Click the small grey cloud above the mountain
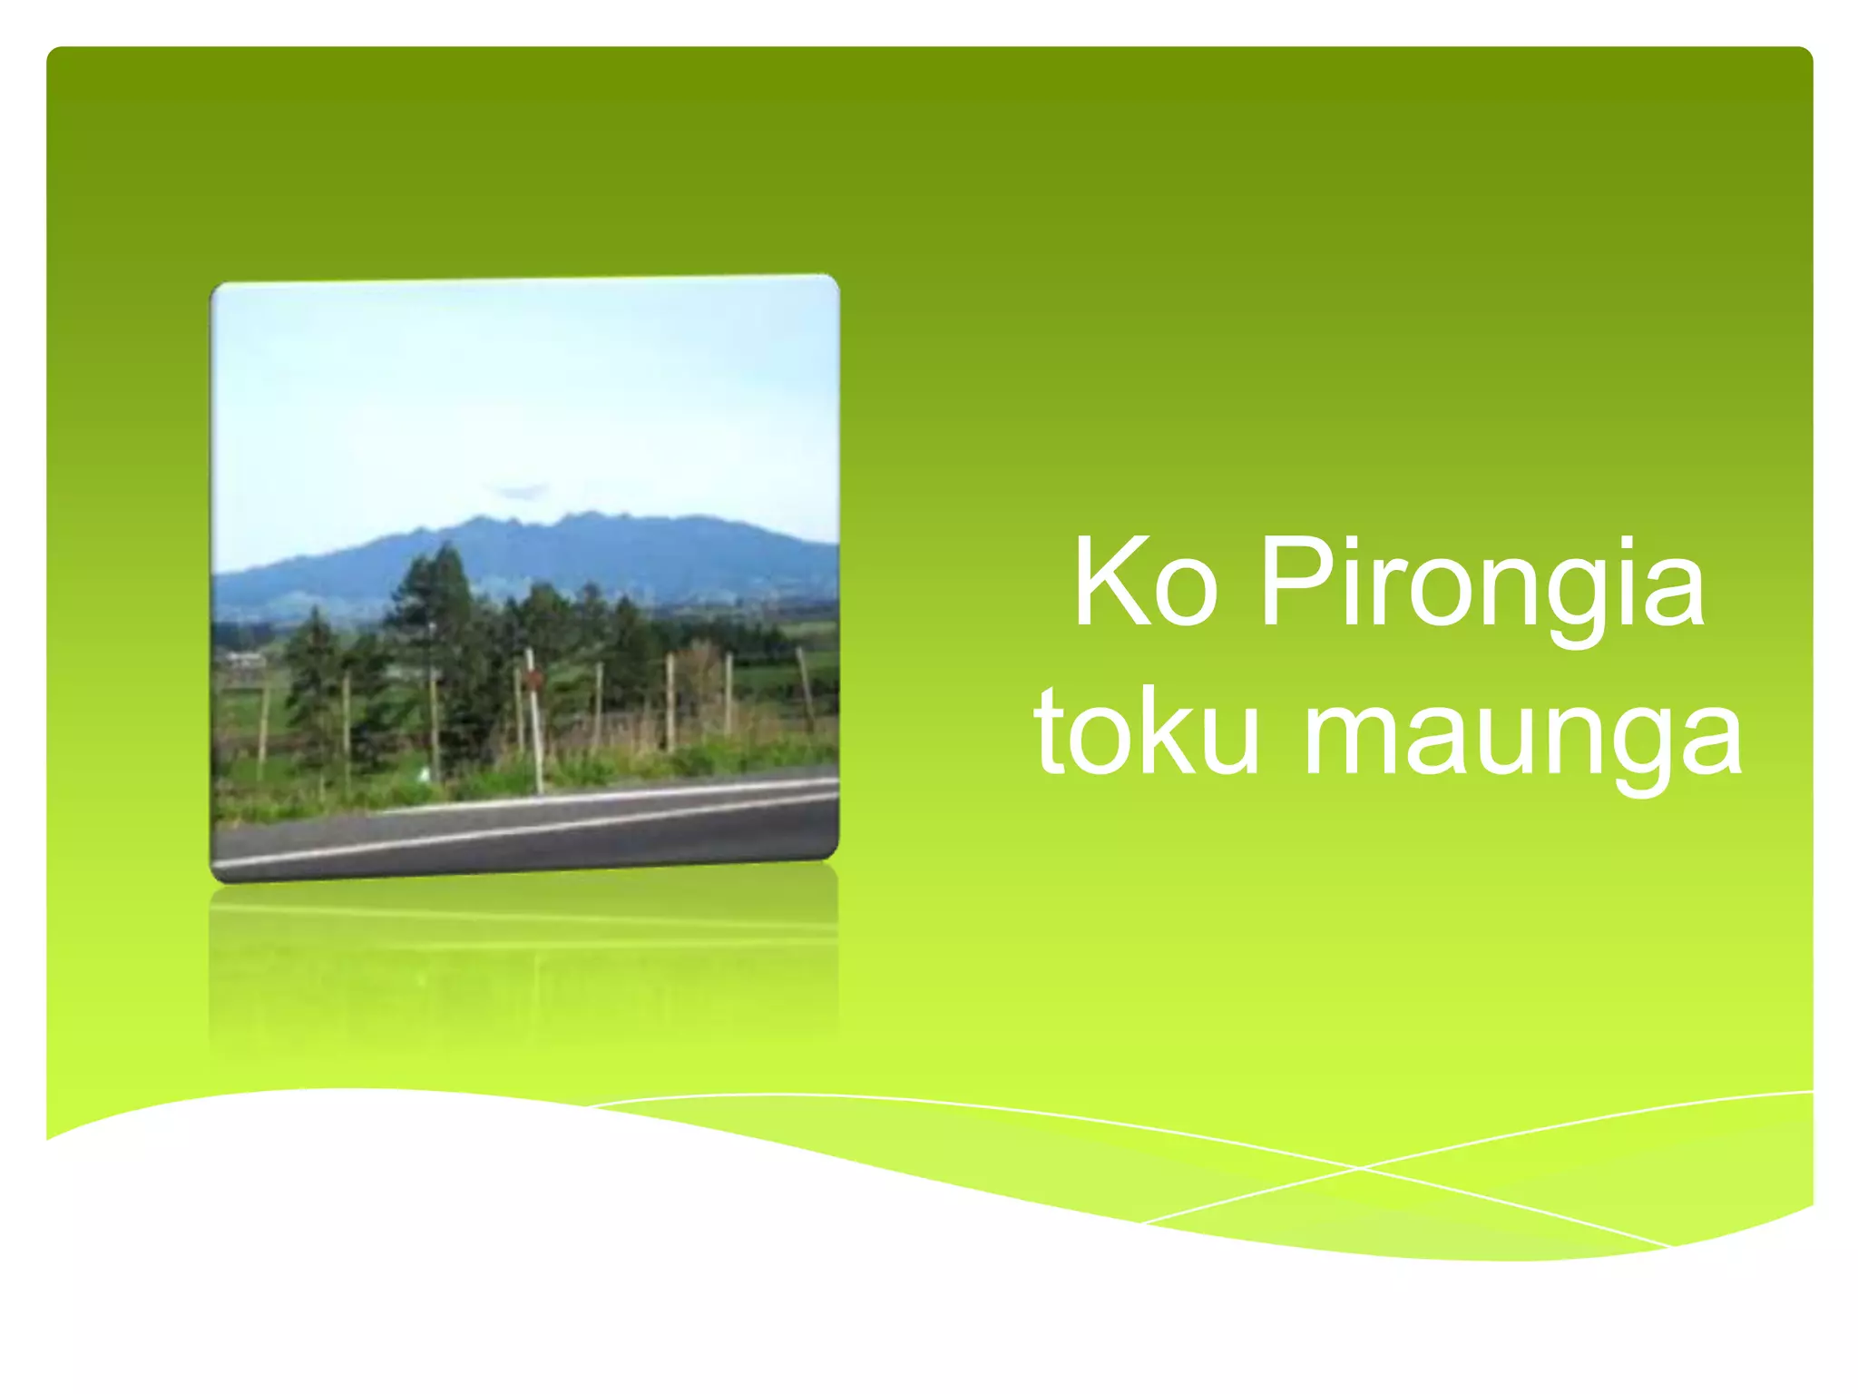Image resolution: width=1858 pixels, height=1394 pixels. click(x=521, y=491)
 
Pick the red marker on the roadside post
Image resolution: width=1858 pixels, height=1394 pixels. click(x=533, y=677)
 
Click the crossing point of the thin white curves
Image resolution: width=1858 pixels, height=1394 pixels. click(x=1358, y=1169)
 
